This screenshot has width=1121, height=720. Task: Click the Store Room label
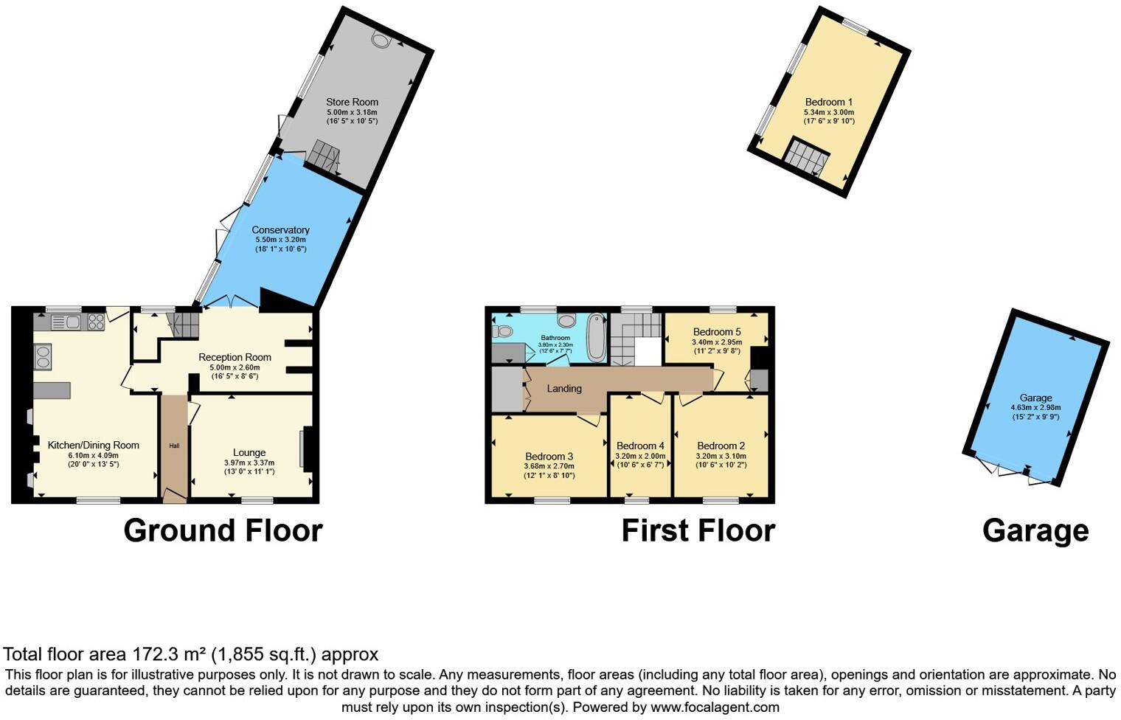click(x=352, y=102)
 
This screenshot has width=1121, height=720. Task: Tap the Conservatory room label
click(x=280, y=230)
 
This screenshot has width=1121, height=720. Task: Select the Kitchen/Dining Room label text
click(x=94, y=445)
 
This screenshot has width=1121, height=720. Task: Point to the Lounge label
click(x=249, y=452)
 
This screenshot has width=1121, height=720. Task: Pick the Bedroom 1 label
click(x=829, y=102)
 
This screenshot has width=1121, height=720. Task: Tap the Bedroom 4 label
click(x=640, y=446)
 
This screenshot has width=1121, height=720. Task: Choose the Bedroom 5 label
click(x=717, y=332)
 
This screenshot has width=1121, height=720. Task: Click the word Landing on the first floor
click(x=564, y=389)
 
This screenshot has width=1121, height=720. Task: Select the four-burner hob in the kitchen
click(x=97, y=322)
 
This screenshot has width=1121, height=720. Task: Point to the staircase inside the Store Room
click(x=324, y=156)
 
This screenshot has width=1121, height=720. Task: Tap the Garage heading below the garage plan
click(x=1035, y=530)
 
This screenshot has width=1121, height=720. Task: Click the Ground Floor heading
click(x=223, y=530)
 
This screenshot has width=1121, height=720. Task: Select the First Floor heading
click(x=698, y=530)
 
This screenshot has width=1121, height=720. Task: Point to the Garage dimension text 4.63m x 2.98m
click(x=1035, y=407)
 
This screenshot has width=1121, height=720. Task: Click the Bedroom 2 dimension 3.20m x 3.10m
click(x=721, y=456)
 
